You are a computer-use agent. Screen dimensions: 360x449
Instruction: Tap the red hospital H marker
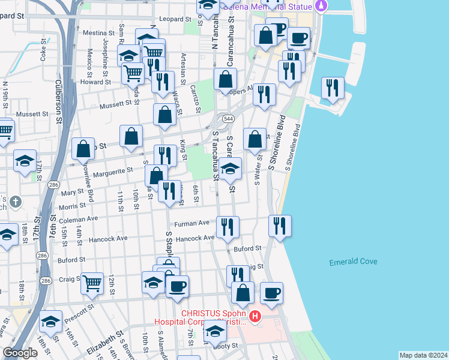point(255,316)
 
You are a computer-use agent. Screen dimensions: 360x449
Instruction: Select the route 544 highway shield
point(229,119)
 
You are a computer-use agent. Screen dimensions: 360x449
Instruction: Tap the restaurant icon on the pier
point(333,88)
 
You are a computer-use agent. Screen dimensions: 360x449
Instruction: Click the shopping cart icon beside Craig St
point(92,283)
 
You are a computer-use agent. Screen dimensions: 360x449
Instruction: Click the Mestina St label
point(98,32)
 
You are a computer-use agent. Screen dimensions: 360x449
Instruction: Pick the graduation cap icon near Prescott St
point(51,321)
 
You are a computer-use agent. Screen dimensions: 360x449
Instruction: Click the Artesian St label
point(184,68)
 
